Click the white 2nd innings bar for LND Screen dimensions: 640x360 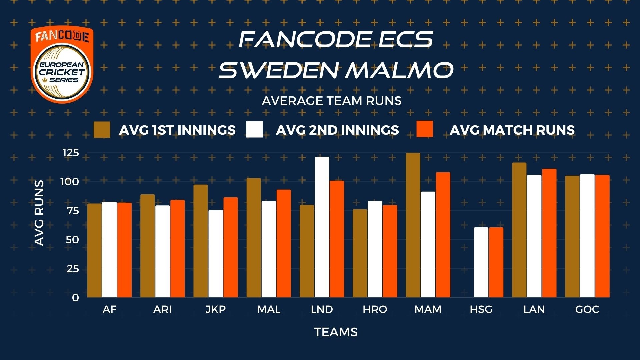pos(322,227)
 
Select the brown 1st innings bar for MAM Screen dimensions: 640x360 pos(413,225)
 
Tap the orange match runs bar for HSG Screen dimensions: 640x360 pos(496,262)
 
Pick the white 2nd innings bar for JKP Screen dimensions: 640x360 pos(216,254)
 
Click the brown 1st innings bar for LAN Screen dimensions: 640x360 pos(519,230)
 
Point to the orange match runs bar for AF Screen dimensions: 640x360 pos(124,250)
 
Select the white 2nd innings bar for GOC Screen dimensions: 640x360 pos(587,236)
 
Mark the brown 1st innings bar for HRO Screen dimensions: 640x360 pos(360,253)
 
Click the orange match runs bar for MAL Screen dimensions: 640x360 pos(284,244)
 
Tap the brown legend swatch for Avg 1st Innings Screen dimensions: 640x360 pos(102,130)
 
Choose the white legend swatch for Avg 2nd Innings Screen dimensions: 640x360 pos(254,129)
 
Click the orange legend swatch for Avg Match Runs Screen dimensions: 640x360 pos(425,129)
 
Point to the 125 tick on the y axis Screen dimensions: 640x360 pos(71,153)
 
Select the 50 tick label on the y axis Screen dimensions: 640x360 pos(72,240)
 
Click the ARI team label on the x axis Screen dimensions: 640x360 pos(162,310)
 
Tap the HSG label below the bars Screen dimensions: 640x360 pos(481,310)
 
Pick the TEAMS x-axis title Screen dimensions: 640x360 pos(336,332)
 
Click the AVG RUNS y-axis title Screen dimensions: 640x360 pos(39,213)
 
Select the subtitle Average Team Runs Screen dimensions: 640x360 pos(332,101)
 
